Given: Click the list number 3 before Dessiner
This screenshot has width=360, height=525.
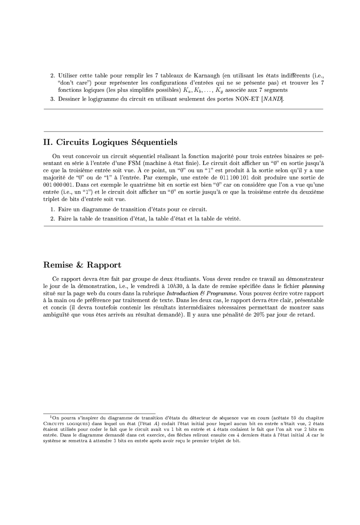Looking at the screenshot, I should [52, 99].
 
